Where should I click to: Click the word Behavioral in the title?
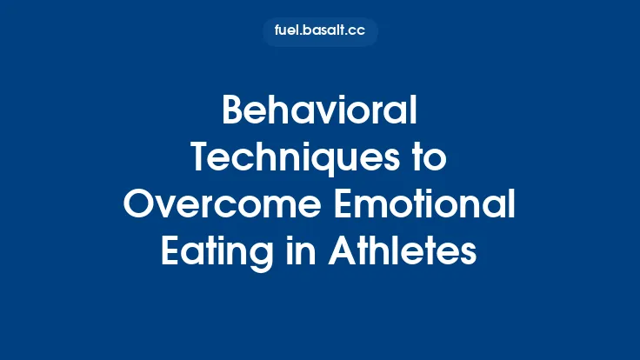pyautogui.click(x=320, y=112)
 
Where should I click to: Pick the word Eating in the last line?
pyautogui.click(x=213, y=253)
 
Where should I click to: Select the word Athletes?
pyautogui.click(x=403, y=253)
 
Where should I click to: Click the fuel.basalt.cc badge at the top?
pyautogui.click(x=320, y=31)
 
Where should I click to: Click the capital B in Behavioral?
pyautogui.click(x=233, y=112)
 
